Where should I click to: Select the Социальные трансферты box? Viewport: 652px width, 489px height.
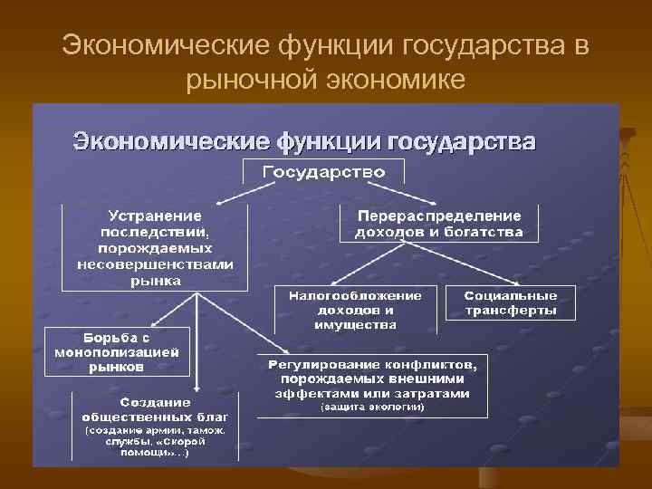[x=510, y=303]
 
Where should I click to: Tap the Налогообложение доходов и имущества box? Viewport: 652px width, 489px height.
[x=356, y=310]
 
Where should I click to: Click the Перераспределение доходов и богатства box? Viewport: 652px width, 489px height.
[x=439, y=224]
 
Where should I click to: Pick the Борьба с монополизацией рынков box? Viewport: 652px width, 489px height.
[x=117, y=351]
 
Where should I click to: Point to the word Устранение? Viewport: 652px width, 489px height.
[x=155, y=216]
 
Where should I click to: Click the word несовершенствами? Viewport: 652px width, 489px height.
[x=155, y=264]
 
